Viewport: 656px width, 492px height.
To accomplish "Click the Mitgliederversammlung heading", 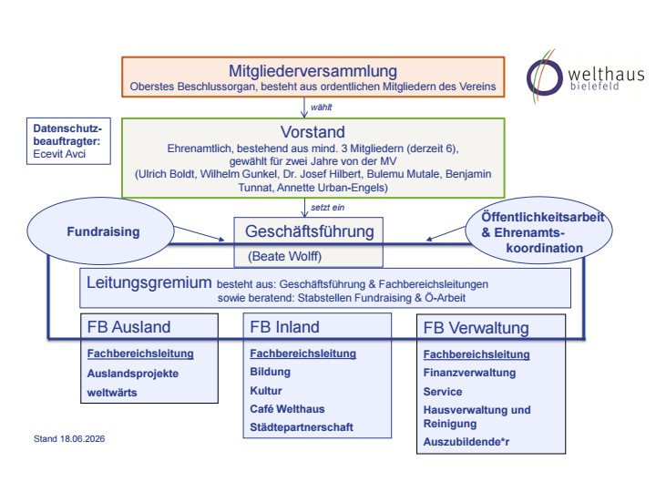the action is (313, 71).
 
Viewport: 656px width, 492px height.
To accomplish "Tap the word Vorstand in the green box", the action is (313, 132).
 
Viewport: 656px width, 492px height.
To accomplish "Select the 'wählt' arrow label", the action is (321, 108).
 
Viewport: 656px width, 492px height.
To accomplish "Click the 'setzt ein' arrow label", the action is (328, 207).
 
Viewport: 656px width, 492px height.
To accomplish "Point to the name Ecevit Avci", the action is (59, 154).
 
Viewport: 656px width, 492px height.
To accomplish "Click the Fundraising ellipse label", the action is (103, 231).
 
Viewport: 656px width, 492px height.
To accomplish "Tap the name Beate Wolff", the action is (284, 256).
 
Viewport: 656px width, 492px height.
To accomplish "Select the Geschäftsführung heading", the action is (310, 231).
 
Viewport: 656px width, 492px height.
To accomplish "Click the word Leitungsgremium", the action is (149, 282).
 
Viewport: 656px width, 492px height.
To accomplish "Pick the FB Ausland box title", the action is (128, 327).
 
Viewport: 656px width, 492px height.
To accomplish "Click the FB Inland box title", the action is (284, 327).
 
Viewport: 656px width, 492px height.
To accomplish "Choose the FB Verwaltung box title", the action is (477, 328).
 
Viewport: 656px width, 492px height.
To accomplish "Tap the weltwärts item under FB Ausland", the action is (112, 393).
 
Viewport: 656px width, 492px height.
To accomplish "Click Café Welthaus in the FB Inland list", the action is (287, 409).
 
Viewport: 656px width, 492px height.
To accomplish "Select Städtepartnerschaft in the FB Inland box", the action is (302, 427).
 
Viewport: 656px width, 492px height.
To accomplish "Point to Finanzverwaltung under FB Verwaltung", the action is (469, 373).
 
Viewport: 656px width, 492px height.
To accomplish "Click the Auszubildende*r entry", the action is (466, 442).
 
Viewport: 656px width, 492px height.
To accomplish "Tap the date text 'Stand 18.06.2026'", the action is (69, 438).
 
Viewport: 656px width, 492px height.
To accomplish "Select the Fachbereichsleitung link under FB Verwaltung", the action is (477, 354).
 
